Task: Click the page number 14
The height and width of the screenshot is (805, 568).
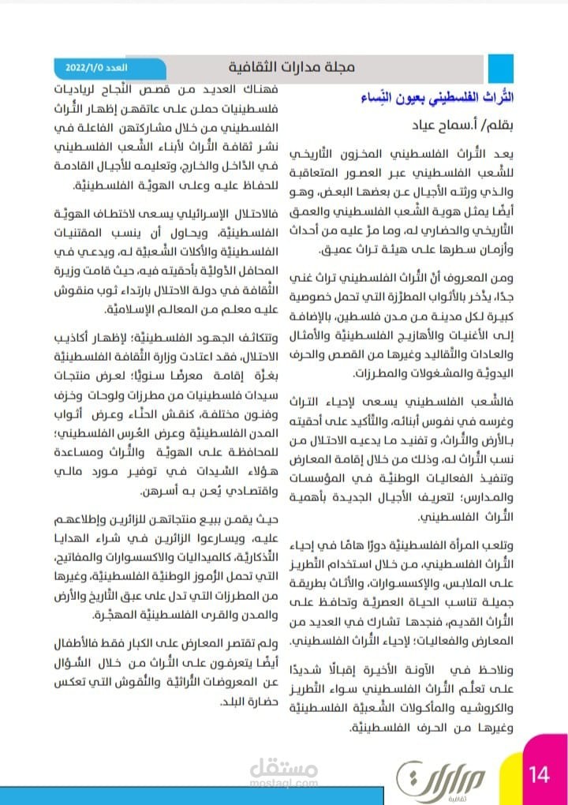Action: point(540,774)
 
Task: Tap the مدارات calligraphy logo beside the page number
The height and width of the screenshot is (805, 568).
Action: point(429,777)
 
